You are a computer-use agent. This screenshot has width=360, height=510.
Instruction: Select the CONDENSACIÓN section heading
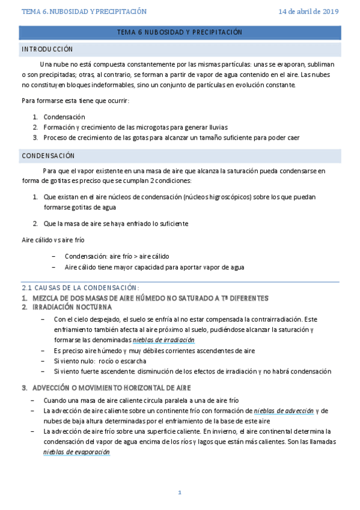tap(47, 155)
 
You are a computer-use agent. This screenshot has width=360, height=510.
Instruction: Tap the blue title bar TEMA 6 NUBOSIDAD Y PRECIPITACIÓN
tap(180, 31)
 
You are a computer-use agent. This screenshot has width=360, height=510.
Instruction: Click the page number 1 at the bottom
tap(179, 493)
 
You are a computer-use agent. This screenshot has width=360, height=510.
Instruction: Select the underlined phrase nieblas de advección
tap(284, 411)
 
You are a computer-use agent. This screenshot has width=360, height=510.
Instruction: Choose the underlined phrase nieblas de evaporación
tap(76, 452)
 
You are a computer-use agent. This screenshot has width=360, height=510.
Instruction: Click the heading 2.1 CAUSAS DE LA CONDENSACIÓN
tap(80, 287)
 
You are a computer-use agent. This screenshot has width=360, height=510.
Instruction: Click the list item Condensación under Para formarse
tap(64, 117)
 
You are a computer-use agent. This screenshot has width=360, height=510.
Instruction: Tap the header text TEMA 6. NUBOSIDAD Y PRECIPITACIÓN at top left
tap(84, 11)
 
